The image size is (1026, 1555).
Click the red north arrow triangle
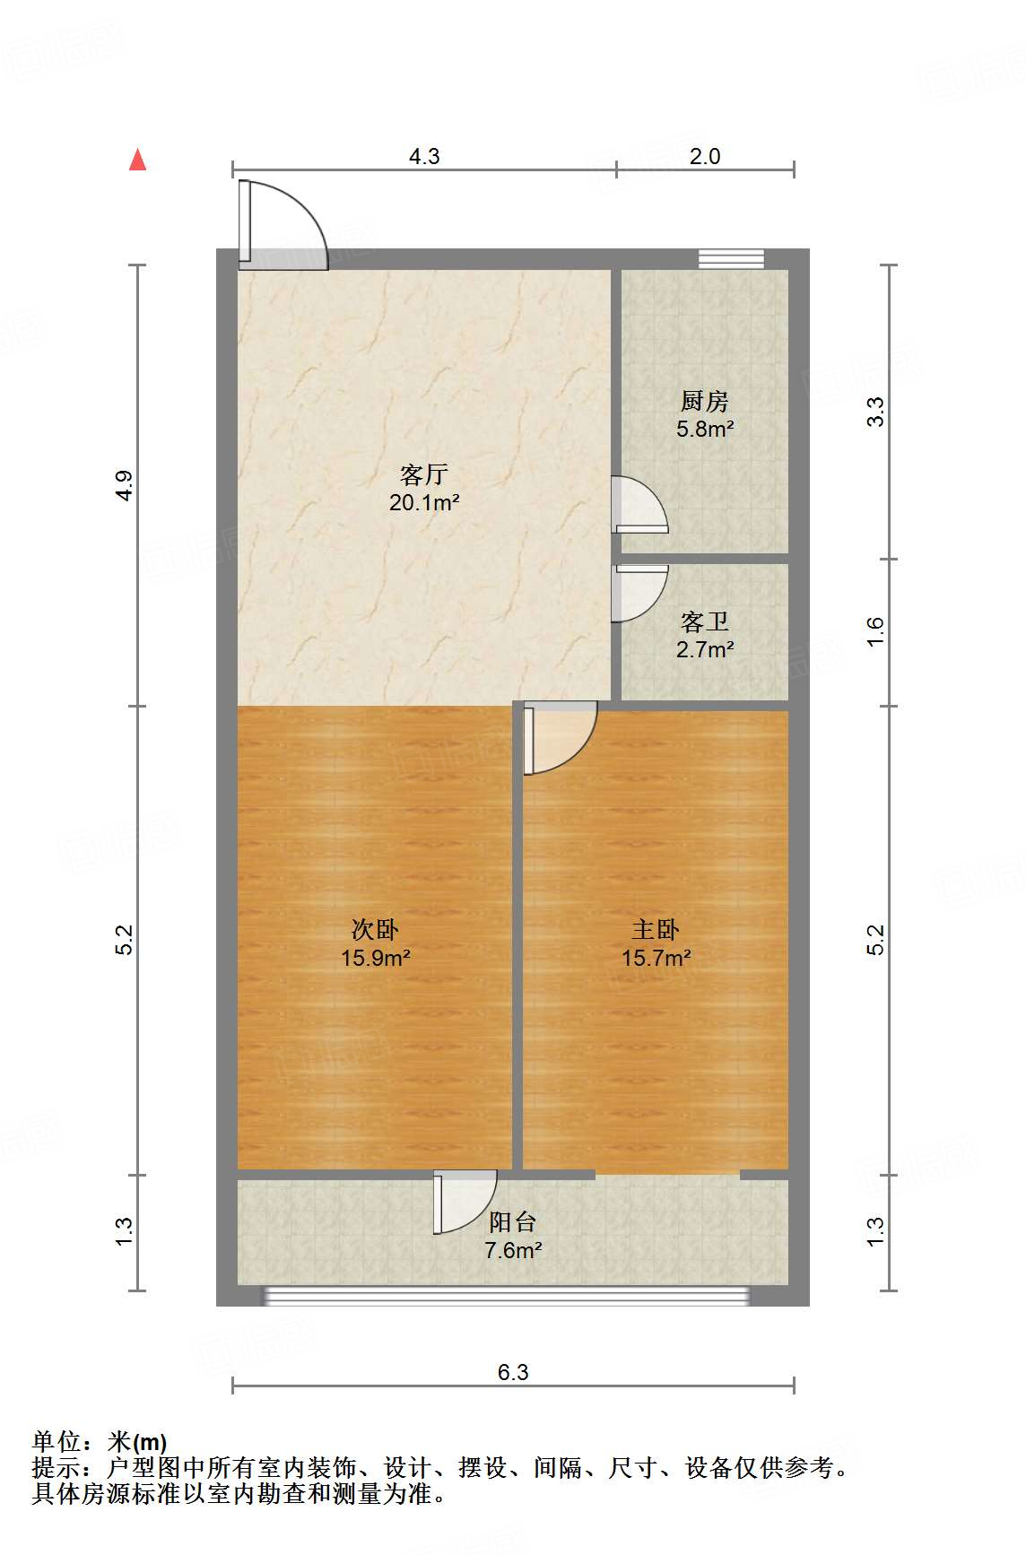pos(137,160)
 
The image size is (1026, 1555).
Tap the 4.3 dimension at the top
pos(424,156)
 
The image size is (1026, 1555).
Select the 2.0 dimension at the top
pos(704,156)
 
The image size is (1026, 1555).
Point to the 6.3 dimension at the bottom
pos(513,1372)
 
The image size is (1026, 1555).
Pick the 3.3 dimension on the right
pos(876,412)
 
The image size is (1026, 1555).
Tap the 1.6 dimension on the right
pos(876,630)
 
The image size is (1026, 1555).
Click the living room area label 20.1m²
pos(424,503)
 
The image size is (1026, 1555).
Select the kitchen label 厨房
pos(704,401)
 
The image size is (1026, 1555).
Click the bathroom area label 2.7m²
pos(705,649)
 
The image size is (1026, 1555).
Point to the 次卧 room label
pos(375,929)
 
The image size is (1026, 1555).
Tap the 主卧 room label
pos(656,929)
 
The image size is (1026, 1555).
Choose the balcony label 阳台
pos(513,1221)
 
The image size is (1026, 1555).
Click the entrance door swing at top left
pos(280,225)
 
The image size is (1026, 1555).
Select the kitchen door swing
pos(637,505)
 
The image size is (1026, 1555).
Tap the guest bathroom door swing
pos(637,593)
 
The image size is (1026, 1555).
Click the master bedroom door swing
pos(558,737)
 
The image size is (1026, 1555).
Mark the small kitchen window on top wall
pos(731,258)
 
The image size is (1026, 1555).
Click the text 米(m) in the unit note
pos(136,1442)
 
